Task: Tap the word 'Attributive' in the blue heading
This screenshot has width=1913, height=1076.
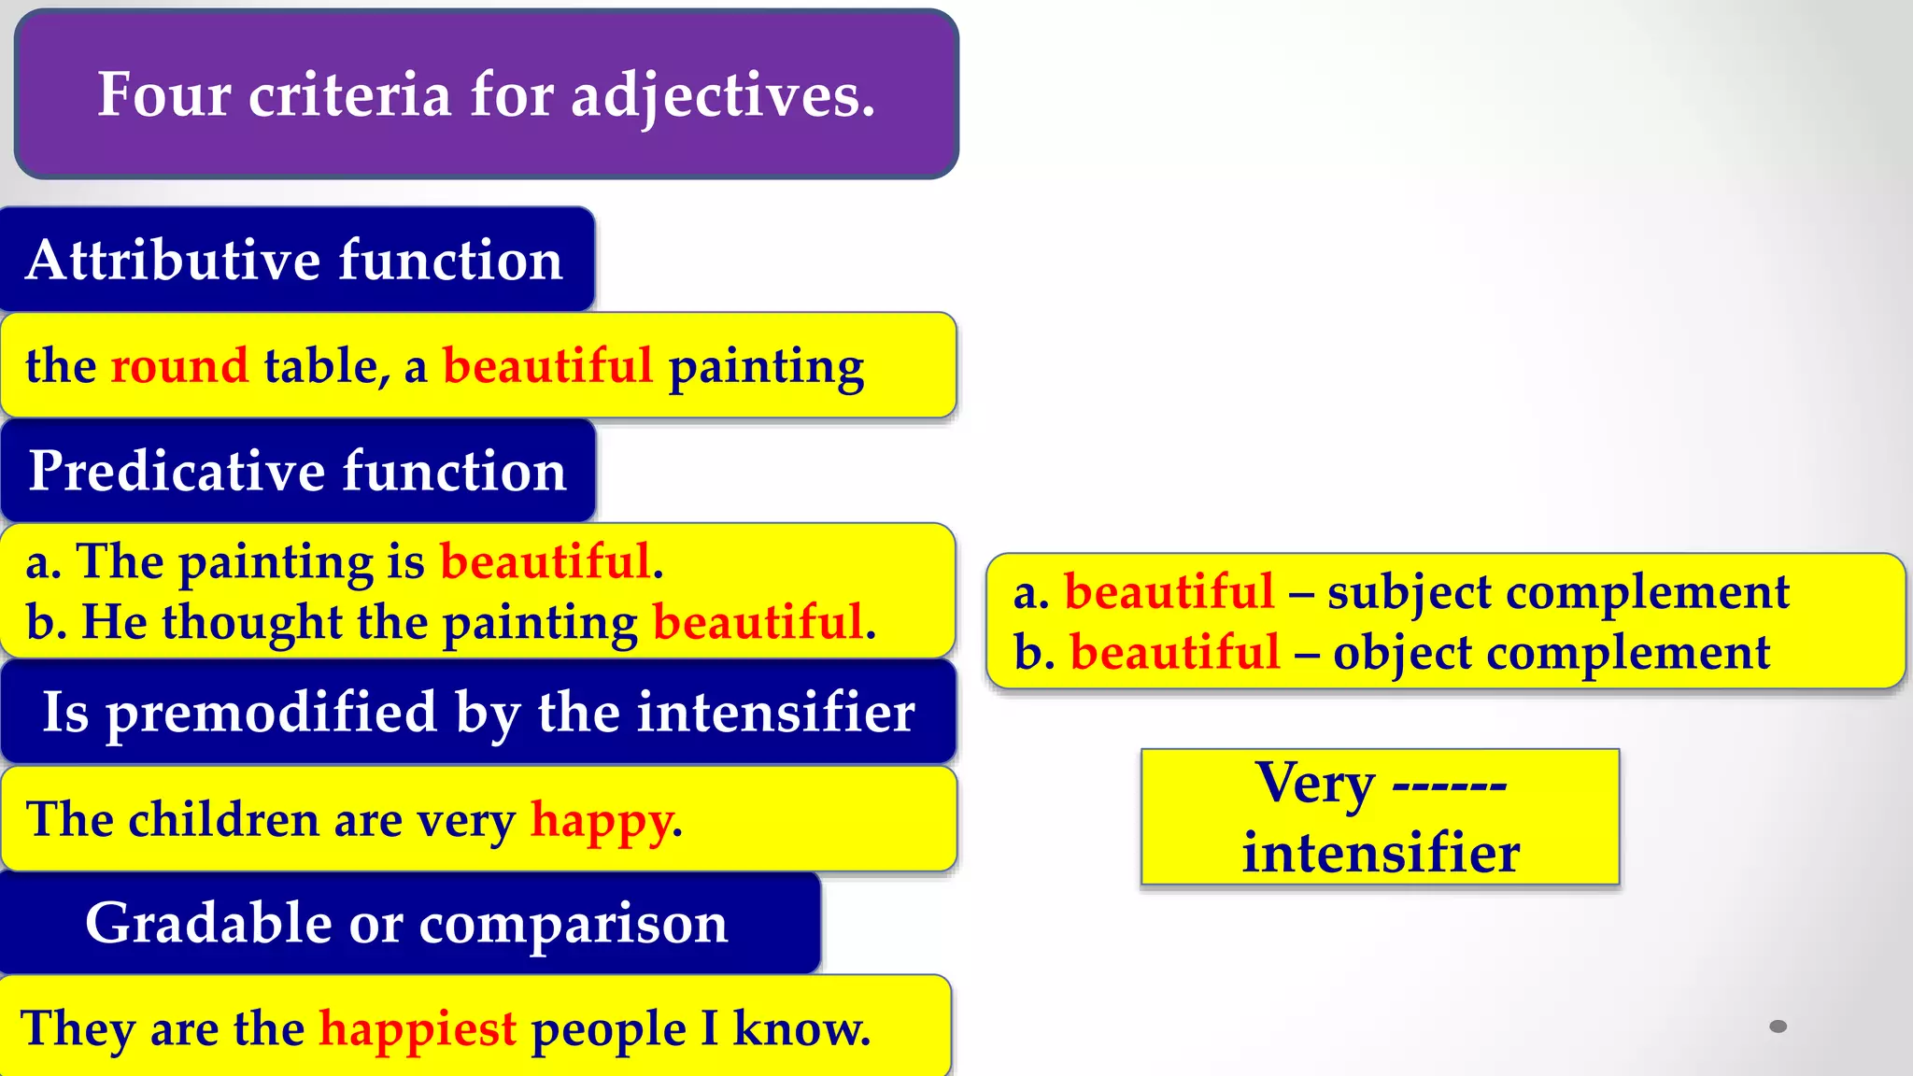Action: (175, 260)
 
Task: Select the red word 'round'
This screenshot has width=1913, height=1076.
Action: (179, 365)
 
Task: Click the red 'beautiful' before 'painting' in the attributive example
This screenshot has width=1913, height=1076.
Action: (547, 365)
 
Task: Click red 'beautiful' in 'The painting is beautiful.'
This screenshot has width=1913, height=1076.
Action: (546, 561)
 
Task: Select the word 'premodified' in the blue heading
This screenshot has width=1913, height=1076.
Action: (272, 714)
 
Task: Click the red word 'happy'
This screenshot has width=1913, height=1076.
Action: (602, 820)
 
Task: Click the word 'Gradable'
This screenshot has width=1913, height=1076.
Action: (208, 924)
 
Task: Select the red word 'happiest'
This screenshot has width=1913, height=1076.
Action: (418, 1029)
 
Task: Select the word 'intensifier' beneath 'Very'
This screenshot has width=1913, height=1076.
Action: (1381, 853)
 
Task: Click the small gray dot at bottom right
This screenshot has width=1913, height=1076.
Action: (1778, 1026)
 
